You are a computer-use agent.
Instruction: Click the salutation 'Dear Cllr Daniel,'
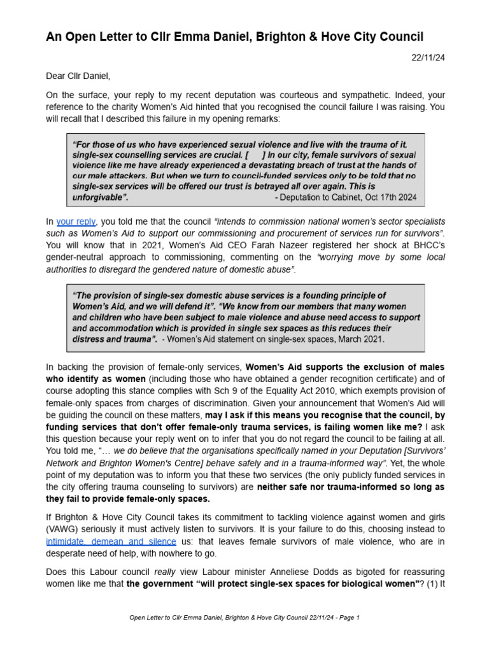78,76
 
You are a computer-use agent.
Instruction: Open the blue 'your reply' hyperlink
76,222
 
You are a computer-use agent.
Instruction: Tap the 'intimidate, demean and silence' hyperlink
111,541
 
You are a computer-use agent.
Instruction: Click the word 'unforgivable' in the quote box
99,198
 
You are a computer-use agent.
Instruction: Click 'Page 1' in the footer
348,618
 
